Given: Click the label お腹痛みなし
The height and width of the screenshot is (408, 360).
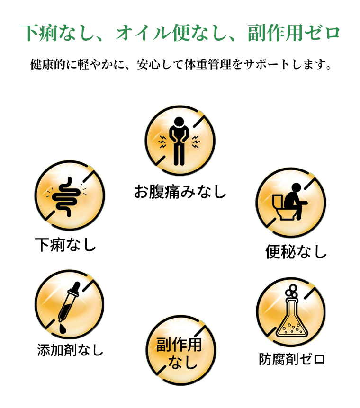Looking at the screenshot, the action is [x=180, y=192].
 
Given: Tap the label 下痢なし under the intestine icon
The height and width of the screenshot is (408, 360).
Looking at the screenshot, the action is [x=66, y=245].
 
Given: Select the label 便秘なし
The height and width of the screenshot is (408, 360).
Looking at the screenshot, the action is [x=296, y=252].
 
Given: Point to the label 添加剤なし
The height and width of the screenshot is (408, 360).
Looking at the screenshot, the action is [x=70, y=350].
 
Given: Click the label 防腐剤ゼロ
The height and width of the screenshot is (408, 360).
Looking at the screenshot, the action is [x=292, y=359].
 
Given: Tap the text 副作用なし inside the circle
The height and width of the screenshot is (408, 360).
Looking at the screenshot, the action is [x=179, y=353].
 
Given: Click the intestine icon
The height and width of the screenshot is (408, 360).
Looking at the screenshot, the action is [x=66, y=197].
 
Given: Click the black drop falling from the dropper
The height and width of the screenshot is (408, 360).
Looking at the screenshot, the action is [x=63, y=328].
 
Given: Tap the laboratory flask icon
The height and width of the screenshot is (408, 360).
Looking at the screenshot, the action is [x=292, y=310].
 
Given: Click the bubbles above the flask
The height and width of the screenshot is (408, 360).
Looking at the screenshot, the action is [x=292, y=291].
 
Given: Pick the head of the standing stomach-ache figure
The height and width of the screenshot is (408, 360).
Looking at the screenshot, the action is [x=179, y=122].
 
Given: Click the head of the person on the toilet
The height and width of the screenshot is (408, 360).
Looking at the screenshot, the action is [x=296, y=187].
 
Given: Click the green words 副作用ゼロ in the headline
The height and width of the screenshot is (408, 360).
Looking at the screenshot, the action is [x=294, y=33].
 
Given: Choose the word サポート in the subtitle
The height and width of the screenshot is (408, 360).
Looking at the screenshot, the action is [x=267, y=64].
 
